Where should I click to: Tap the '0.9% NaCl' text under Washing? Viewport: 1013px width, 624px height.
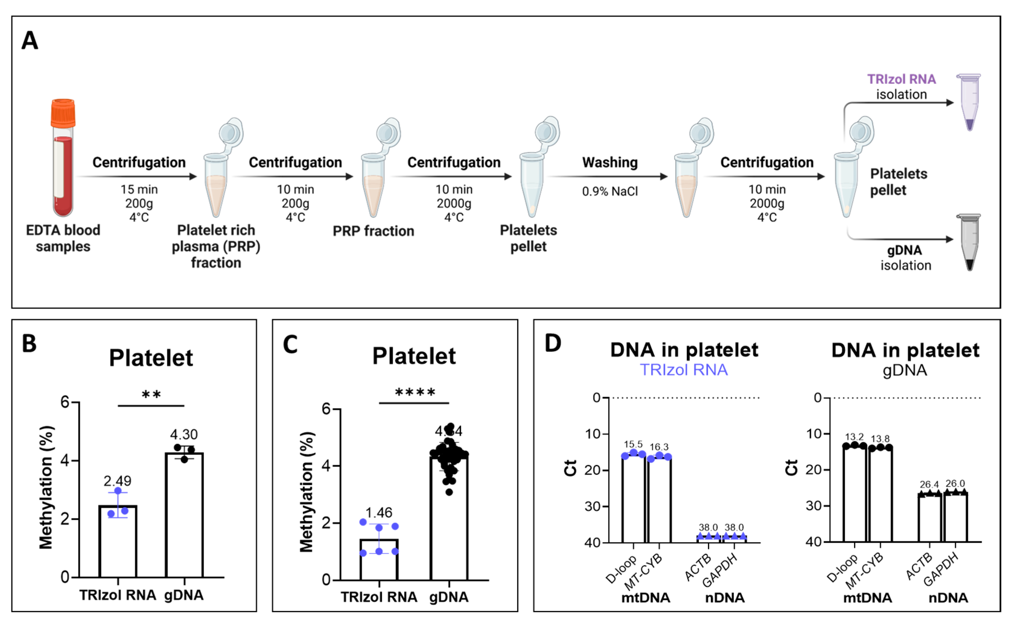[610, 191]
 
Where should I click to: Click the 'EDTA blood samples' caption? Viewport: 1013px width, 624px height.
[63, 238]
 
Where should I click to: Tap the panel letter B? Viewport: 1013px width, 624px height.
[29, 343]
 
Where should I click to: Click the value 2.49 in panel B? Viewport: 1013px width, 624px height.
[117, 481]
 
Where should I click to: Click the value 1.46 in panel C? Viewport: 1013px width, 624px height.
[379, 512]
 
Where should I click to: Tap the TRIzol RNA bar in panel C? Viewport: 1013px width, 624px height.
[379, 559]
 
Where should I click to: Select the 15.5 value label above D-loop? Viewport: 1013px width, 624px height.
[633, 444]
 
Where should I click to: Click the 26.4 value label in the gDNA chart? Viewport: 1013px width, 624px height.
[929, 484]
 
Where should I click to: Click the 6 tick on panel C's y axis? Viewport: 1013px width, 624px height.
[327, 409]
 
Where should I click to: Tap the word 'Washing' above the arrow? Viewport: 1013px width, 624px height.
[610, 162]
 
